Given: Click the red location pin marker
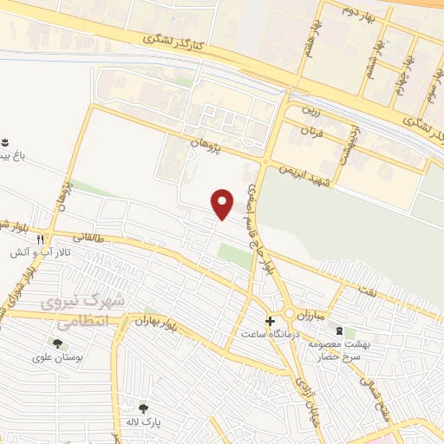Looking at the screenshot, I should click(x=223, y=204).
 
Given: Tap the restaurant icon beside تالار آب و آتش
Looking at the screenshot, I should click(x=40, y=240).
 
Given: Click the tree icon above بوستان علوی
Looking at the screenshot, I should click(x=57, y=343).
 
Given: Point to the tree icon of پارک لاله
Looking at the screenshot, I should click(x=143, y=408).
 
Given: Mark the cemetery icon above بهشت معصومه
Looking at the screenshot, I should click(x=339, y=331).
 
